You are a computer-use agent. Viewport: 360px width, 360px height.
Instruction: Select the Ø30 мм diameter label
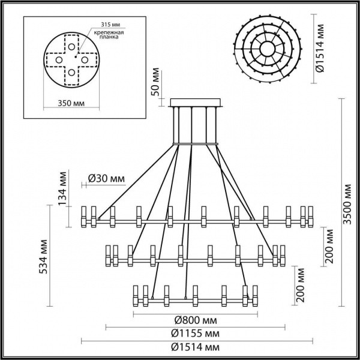(106, 178)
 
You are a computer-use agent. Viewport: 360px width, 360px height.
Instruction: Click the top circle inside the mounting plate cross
(71, 46)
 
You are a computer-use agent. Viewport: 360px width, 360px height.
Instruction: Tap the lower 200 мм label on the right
(300, 285)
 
